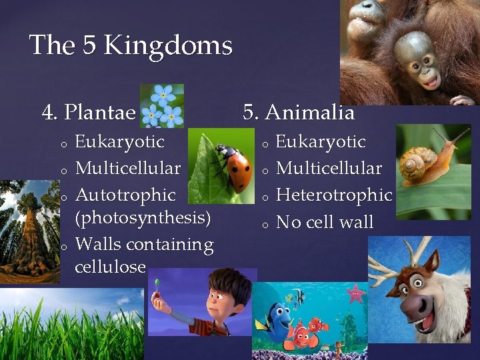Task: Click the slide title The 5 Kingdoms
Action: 131,45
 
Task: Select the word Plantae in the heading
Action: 101,113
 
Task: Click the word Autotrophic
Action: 125,195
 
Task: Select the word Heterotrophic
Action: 333,195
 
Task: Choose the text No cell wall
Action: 325,222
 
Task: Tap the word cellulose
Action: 110,267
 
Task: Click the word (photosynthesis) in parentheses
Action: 143,218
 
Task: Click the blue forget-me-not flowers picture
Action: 162,105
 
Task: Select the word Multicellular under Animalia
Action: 329,169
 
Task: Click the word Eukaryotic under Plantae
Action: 119,142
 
